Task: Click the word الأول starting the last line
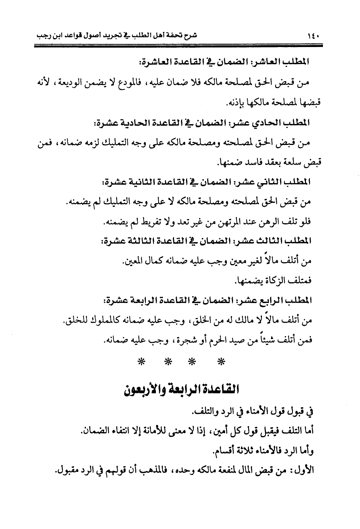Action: pos(304,471)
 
